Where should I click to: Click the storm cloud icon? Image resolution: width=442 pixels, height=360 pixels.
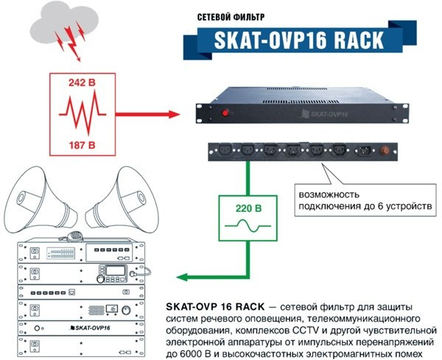tap(58, 22)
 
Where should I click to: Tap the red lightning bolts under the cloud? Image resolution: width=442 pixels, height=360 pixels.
tap(73, 41)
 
